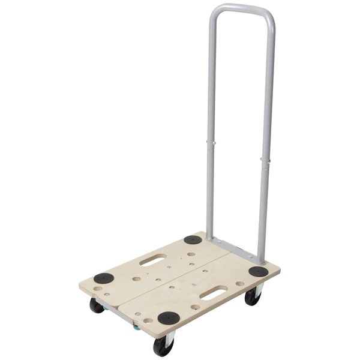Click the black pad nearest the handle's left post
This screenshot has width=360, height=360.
click(x=193, y=239)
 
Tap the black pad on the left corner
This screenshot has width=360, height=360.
click(x=103, y=278)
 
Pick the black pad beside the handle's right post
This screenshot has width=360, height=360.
click(x=258, y=271)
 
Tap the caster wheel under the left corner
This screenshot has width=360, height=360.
click(x=97, y=305)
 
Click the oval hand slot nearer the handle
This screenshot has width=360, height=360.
click(x=153, y=260)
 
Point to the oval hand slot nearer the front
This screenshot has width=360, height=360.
click(x=214, y=293)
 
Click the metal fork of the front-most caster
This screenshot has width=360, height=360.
click(x=170, y=337)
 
